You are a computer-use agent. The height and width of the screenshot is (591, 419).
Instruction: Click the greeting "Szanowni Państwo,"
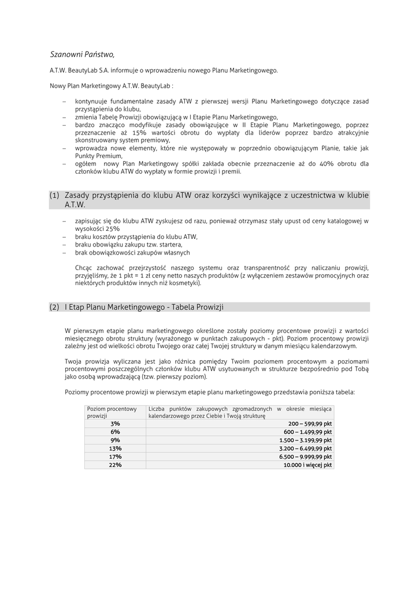coord(82,54)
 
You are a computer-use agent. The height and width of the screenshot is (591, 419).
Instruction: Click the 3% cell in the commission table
coord(115,423)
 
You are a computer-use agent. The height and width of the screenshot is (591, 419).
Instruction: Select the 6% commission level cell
coord(115,432)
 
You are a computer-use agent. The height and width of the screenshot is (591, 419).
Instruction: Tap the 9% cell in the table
coord(115,440)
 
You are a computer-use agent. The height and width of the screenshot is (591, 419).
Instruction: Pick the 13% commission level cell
coord(115,448)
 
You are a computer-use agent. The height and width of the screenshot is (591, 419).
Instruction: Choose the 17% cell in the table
coord(115,457)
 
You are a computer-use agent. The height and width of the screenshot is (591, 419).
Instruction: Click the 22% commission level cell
coord(115,465)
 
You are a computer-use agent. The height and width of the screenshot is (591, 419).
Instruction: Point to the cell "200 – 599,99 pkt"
coord(310,423)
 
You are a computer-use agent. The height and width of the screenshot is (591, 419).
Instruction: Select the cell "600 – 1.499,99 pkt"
coord(307,432)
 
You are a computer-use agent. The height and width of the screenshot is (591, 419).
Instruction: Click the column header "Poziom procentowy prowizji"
coord(112,412)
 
